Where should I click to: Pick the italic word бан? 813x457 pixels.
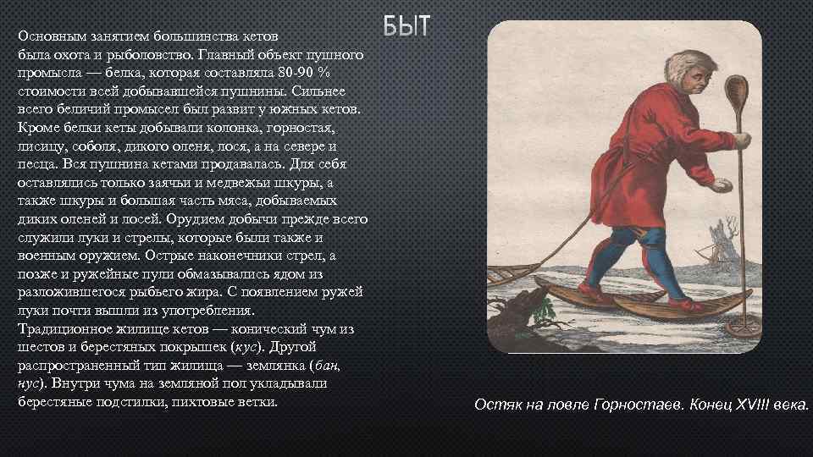pos(329,365)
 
